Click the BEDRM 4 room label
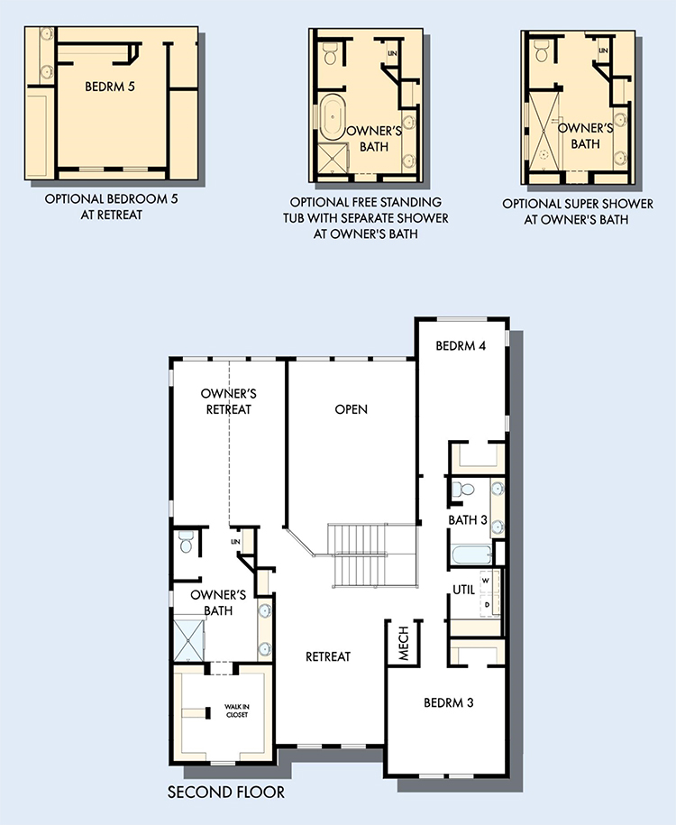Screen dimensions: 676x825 click(x=461, y=345)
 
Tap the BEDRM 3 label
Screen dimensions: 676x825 click(x=449, y=702)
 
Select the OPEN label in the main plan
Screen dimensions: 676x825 click(x=352, y=409)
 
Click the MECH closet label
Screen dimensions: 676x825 click(x=404, y=643)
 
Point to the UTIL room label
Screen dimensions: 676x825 click(x=464, y=590)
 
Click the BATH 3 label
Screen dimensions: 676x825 click(x=468, y=520)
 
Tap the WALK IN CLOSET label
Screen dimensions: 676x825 click(x=237, y=710)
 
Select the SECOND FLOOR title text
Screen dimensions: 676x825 click(x=226, y=792)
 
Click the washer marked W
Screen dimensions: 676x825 click(x=486, y=581)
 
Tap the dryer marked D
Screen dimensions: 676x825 click(x=487, y=605)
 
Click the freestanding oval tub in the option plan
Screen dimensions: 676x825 click(x=332, y=117)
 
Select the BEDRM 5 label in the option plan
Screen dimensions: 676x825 click(x=110, y=87)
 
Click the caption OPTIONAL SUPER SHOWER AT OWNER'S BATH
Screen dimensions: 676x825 click(x=577, y=212)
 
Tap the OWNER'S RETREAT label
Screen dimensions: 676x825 click(x=229, y=401)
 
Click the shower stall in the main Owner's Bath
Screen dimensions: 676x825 click(x=188, y=640)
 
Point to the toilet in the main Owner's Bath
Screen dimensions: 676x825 click(x=186, y=541)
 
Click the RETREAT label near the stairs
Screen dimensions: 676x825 click(x=328, y=656)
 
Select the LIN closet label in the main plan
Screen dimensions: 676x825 click(x=235, y=541)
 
